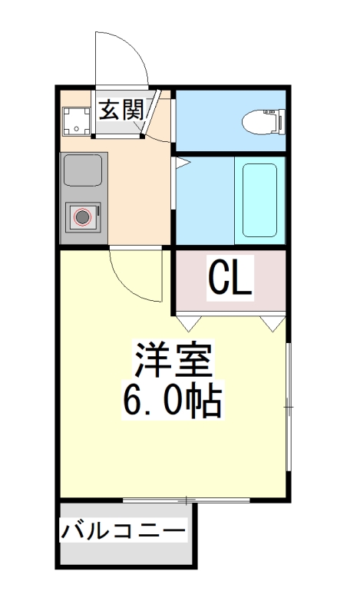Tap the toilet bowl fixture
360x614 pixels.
tap(263, 120)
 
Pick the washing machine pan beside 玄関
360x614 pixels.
tap(76, 120)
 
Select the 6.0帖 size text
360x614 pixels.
tap(173, 400)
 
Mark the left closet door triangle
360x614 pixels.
tap(189, 320)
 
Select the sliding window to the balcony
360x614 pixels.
tap(187, 500)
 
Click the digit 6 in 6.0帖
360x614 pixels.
tap(133, 400)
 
